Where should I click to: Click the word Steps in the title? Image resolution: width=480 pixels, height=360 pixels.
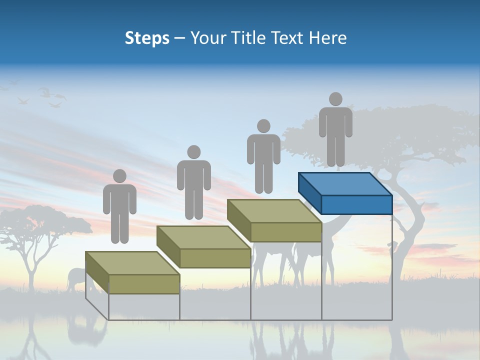147,38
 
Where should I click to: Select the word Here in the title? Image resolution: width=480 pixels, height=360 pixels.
328,38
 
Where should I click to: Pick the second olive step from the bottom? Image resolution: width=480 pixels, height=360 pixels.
203,247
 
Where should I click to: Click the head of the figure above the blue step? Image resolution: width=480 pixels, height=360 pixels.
335,99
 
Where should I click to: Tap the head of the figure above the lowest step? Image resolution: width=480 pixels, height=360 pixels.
119,176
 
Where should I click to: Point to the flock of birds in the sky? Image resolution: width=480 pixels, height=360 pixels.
47,96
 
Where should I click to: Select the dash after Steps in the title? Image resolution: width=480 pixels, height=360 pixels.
180,38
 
